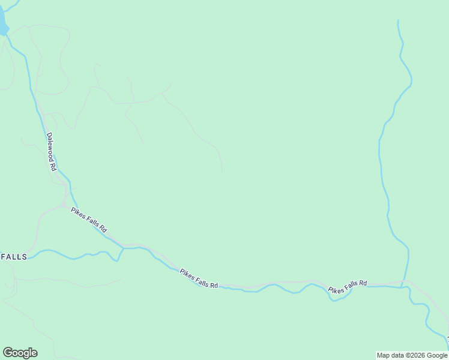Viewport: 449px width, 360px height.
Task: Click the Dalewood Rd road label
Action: coord(51,152)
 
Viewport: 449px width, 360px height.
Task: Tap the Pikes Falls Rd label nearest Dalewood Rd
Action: coord(89,220)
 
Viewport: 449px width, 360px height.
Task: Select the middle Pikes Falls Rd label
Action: coord(199,278)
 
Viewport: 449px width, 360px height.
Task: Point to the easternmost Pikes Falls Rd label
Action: coord(348,286)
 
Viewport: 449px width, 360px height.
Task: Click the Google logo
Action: coord(20,353)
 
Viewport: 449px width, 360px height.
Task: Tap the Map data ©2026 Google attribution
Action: coord(412,355)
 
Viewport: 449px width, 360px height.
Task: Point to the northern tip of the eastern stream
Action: coord(398,22)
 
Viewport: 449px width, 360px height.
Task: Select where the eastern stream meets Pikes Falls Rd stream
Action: coord(403,286)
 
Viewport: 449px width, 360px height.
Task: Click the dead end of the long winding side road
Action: coord(221,172)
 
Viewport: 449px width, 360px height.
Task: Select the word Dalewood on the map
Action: coord(50,147)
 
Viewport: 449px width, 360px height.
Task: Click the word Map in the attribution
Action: coord(384,355)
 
